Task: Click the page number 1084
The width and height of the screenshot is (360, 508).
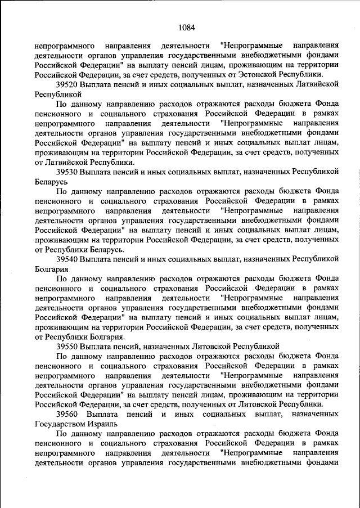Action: [186, 26]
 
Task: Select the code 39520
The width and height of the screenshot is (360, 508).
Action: [66, 84]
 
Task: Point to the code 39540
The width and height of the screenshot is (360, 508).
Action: [66, 259]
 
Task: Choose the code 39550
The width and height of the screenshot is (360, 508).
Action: [66, 347]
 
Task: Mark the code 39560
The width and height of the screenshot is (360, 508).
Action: [67, 413]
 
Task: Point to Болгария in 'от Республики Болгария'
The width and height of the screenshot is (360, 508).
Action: [105, 336]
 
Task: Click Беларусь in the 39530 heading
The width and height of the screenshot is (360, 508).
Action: [51, 182]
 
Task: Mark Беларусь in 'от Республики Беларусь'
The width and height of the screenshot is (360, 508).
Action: [106, 249]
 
